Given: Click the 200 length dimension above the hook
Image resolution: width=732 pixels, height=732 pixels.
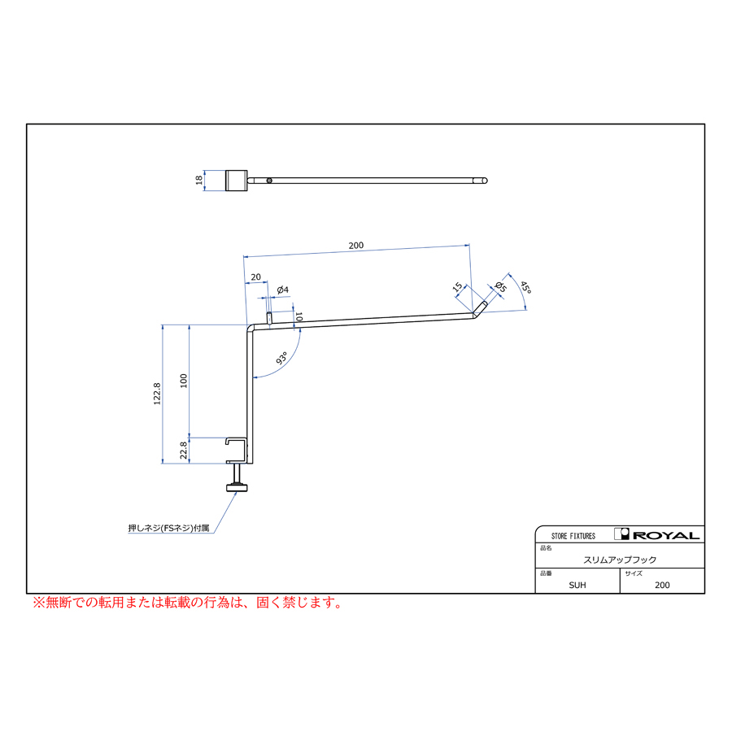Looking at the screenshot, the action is (355, 246).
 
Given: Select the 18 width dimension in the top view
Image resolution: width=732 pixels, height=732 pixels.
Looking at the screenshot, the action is (199, 181).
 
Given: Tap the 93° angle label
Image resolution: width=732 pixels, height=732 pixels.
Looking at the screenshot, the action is (282, 358).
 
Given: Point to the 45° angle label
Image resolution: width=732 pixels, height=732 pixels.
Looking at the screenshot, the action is (525, 288).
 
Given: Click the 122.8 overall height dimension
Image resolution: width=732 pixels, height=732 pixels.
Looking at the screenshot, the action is (157, 394).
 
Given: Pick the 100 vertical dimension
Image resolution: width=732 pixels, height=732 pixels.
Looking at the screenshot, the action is (184, 381).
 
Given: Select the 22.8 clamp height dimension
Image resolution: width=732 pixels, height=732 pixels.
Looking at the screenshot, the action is (184, 451).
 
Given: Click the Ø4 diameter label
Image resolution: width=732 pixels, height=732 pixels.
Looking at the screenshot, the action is (282, 290).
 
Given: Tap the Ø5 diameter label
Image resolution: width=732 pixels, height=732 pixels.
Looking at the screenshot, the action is (500, 287).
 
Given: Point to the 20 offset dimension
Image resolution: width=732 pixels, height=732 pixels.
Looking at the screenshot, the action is (256, 277).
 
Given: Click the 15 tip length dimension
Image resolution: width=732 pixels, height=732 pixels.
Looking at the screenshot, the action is (457, 286).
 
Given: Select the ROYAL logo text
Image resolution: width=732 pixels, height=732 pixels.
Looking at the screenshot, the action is (666, 535).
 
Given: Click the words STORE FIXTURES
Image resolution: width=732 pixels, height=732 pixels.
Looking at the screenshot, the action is (573, 536).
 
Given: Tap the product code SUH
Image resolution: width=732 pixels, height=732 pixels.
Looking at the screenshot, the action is (577, 585).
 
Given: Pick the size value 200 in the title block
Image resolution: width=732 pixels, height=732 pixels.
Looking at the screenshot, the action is (662, 585).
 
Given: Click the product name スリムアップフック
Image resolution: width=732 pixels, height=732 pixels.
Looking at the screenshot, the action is (620, 560).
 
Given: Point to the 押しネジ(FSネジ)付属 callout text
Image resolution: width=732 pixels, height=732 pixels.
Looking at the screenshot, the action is (168, 528).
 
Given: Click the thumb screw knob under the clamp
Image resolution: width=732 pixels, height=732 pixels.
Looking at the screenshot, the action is (237, 488).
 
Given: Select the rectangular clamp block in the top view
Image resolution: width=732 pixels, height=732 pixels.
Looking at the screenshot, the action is (236, 181).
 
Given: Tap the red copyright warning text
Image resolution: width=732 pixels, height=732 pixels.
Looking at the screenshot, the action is (188, 602).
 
